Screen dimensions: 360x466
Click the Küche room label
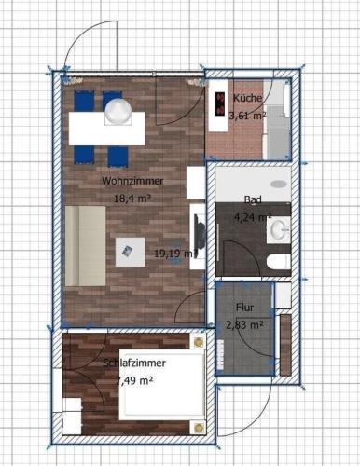(247, 98)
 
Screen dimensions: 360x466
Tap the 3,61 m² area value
(247, 116)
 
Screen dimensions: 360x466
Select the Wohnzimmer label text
(132, 181)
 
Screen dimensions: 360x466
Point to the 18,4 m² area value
(132, 198)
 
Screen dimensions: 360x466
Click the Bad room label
(253, 199)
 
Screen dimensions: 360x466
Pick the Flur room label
(245, 308)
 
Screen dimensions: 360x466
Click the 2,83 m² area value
(244, 325)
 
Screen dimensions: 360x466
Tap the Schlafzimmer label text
(134, 363)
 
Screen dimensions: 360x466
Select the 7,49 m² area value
(134, 380)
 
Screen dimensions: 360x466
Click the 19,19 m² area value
(175, 254)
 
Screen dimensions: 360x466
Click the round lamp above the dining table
(118, 112)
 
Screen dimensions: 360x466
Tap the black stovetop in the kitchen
(220, 104)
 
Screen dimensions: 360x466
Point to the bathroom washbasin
(279, 230)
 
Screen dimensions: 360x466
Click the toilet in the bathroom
(279, 261)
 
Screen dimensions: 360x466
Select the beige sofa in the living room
(86, 246)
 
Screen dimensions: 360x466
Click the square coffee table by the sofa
(130, 252)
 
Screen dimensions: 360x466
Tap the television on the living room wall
(199, 231)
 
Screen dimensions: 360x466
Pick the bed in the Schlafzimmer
(161, 385)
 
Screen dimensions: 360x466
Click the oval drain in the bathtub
(279, 184)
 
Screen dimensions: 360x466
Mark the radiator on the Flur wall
(221, 354)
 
